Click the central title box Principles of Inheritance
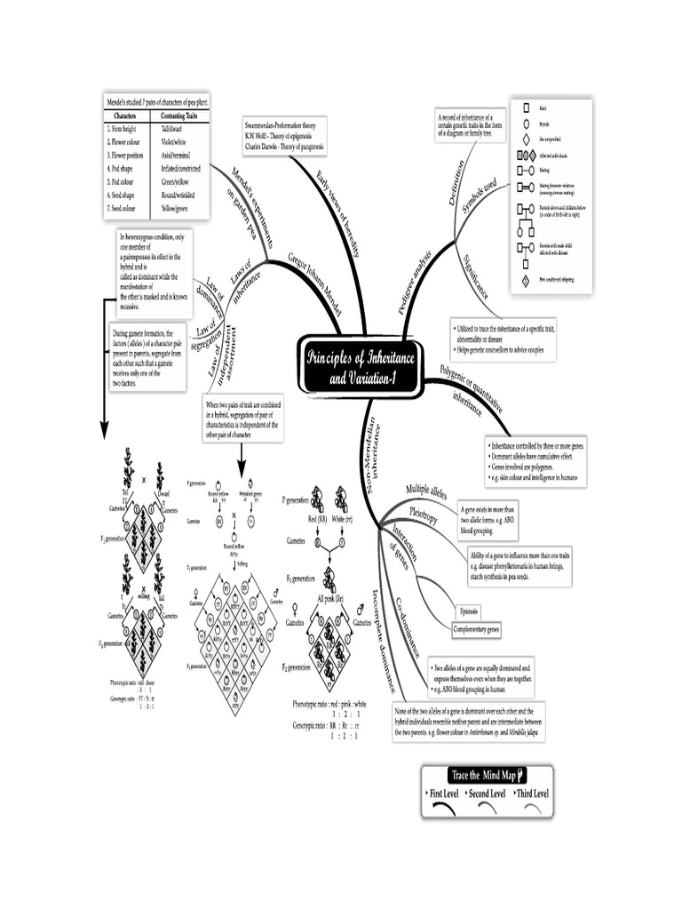pos(364,364)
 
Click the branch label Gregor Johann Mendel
pos(313,278)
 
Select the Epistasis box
pos(470,611)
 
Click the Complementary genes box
pos(477,629)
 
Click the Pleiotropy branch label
pos(424,515)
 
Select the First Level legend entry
pos(448,793)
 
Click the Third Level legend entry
pos(531,793)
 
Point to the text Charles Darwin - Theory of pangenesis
pos(283,146)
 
